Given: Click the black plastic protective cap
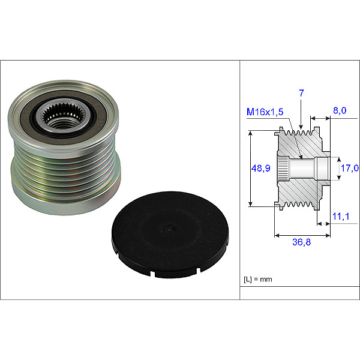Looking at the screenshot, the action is click(x=170, y=235).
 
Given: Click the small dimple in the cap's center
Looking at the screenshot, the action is click(x=170, y=229).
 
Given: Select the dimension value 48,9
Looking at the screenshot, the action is click(x=260, y=168).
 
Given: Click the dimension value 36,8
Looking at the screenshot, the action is click(x=301, y=242).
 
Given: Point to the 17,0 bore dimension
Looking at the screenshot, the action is click(x=349, y=168).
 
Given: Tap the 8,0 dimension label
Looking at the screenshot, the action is click(x=340, y=110).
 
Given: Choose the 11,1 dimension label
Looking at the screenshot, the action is click(x=341, y=216).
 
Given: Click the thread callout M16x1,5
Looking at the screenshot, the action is click(x=265, y=112).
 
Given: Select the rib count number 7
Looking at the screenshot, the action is click(x=301, y=93).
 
